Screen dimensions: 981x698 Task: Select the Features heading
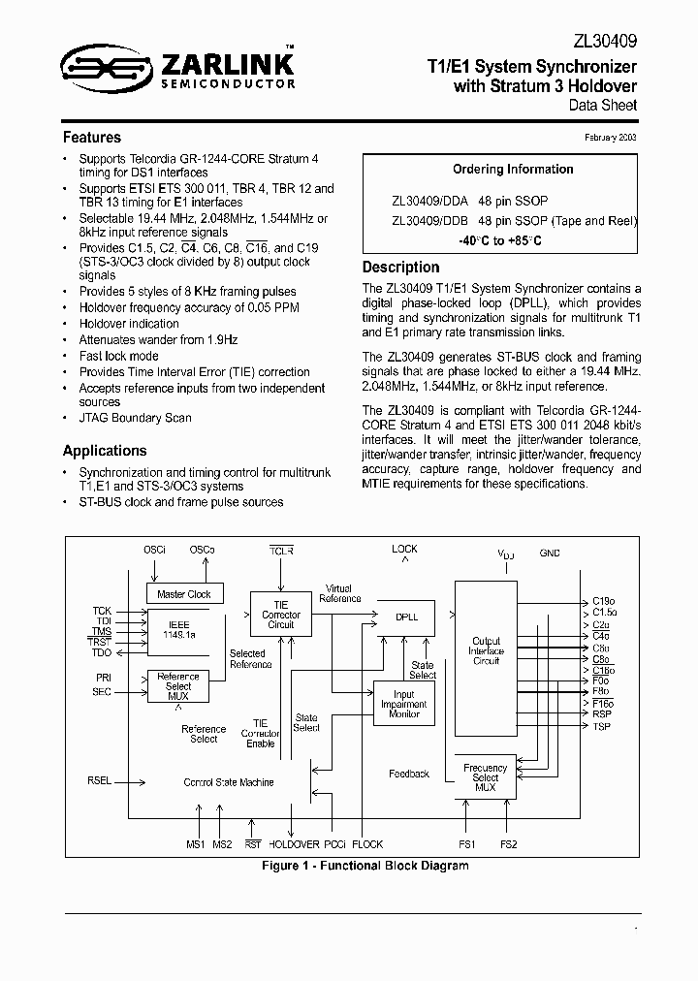point(92,138)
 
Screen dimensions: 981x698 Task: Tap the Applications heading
point(105,451)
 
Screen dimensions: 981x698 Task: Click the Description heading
point(400,268)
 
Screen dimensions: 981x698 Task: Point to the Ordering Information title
point(513,170)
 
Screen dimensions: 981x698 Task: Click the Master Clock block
point(184,594)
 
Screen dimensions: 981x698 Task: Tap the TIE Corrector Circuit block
point(281,615)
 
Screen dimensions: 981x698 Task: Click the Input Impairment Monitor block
point(404,704)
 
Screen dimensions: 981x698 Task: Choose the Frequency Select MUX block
point(486,777)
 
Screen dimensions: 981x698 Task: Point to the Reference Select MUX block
point(178,686)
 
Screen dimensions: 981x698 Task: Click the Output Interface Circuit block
point(486,650)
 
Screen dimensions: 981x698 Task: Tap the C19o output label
point(604,602)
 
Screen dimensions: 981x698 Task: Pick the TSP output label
point(601,726)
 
